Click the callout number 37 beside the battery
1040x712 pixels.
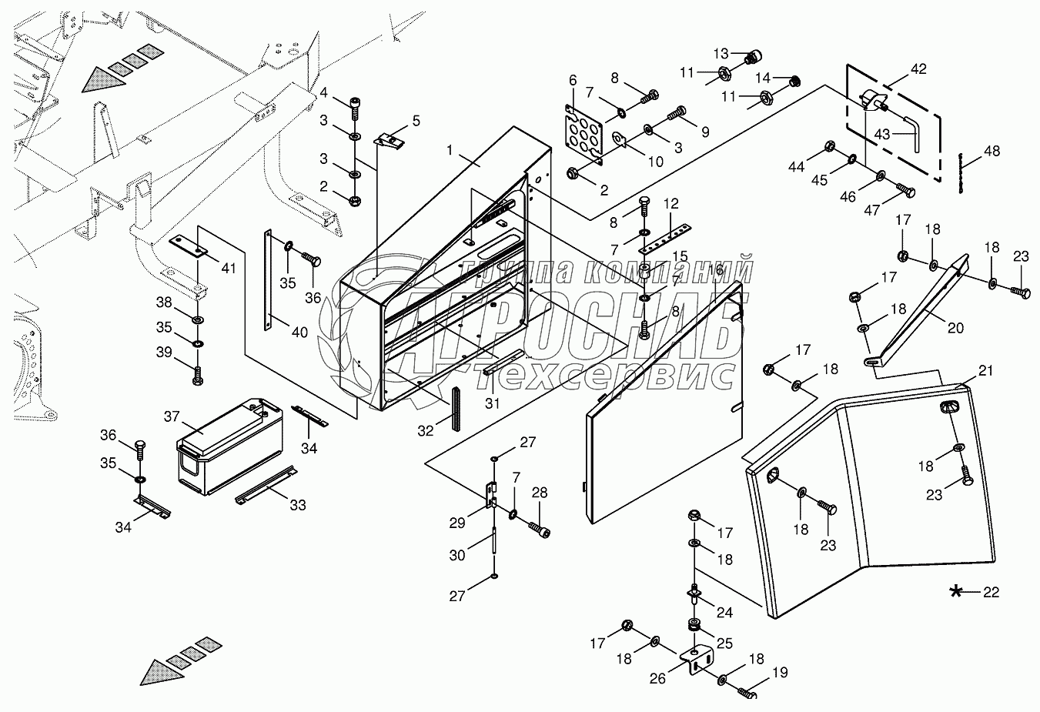(171, 416)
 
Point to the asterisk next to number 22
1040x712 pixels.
(955, 591)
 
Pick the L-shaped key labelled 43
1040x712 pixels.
(916, 131)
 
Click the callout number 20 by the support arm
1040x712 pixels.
(955, 328)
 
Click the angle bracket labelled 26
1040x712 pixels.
(697, 660)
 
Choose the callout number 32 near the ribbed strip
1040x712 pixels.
(425, 432)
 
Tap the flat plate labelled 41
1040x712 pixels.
(189, 246)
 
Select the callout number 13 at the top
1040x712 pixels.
(721, 53)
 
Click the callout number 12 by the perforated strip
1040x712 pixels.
(670, 204)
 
